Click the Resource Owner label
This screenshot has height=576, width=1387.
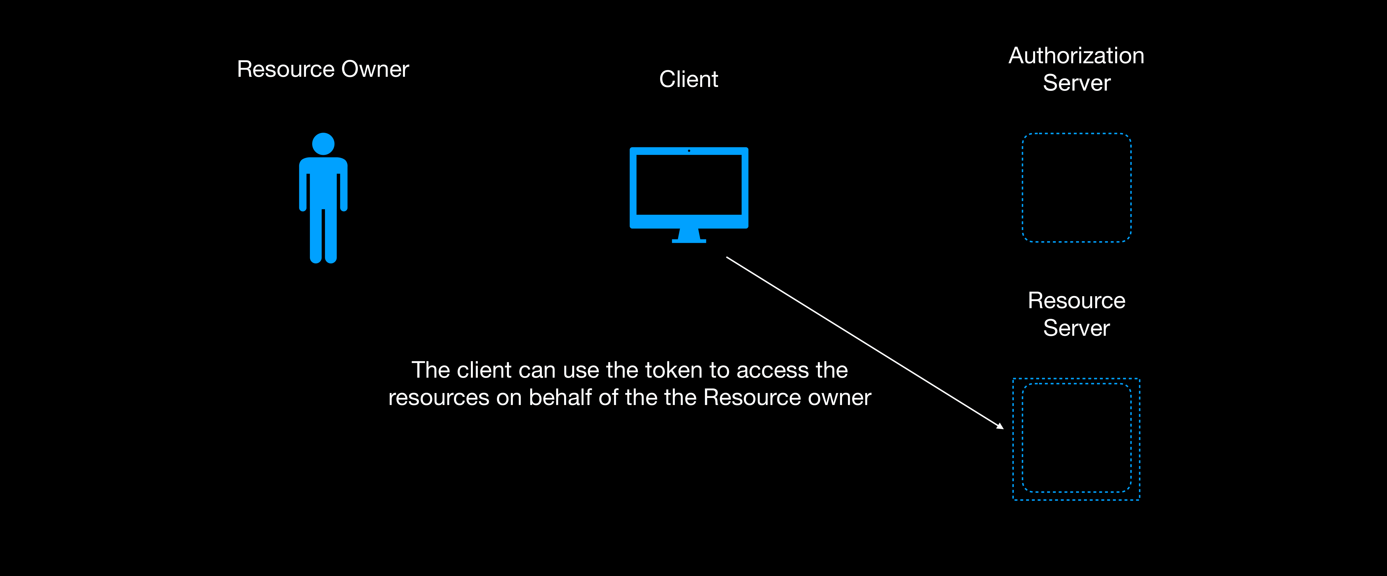[x=323, y=69]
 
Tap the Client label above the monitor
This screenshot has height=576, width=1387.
[x=689, y=79]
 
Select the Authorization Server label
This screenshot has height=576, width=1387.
[x=1076, y=69]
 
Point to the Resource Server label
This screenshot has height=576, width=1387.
[x=1076, y=314]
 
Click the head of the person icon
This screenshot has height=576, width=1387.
[x=323, y=144]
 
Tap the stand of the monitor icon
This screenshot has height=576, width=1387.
[x=689, y=236]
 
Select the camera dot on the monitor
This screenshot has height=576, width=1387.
[x=689, y=151]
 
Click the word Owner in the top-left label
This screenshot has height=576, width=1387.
[x=375, y=69]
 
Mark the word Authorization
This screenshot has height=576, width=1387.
[x=1076, y=55]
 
